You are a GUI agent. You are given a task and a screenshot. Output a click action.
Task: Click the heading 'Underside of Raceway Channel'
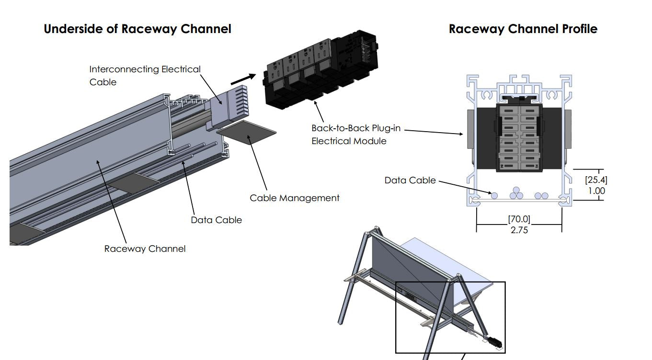click(x=137, y=29)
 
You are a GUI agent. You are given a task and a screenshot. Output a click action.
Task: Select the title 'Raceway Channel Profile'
click(x=523, y=29)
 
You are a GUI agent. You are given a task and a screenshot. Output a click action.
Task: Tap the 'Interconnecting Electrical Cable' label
click(x=145, y=76)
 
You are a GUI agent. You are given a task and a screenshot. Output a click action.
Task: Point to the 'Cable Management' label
click(x=294, y=198)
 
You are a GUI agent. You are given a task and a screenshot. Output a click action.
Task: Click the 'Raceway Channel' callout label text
click(x=145, y=248)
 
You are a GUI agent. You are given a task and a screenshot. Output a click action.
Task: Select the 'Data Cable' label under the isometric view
click(x=216, y=220)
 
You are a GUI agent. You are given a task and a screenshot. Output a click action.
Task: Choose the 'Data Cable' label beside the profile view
click(x=410, y=180)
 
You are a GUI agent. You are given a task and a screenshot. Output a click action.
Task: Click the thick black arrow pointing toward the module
click(x=243, y=79)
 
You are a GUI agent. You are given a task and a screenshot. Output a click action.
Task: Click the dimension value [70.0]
click(x=519, y=219)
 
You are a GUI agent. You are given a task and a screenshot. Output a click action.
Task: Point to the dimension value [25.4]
click(x=595, y=180)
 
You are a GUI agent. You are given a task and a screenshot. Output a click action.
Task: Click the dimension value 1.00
click(x=596, y=191)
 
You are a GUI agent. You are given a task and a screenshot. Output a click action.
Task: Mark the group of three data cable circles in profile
click(x=516, y=193)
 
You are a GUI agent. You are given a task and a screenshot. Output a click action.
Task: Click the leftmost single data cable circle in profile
click(x=494, y=195)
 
